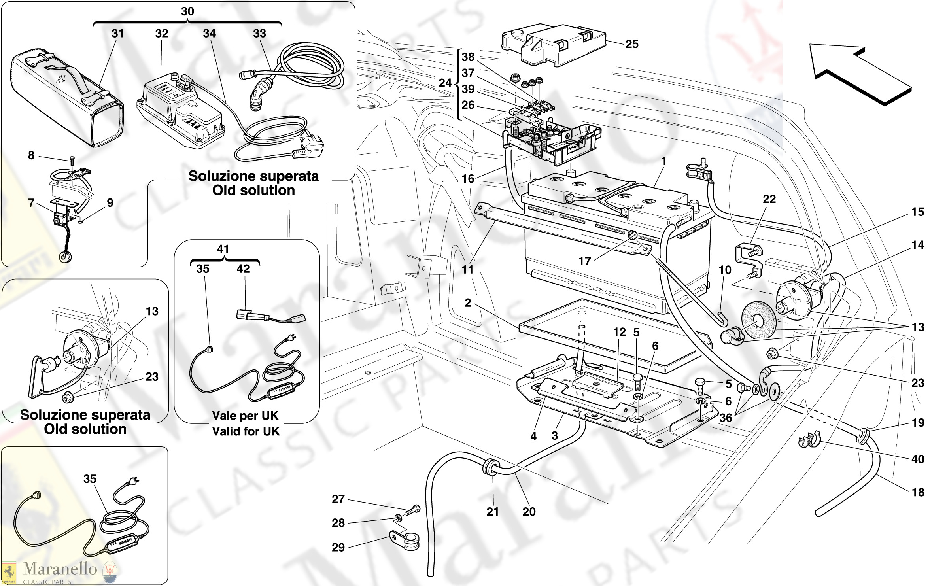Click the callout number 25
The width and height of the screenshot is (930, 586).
click(632, 44)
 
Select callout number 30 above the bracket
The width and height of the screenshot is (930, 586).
click(187, 11)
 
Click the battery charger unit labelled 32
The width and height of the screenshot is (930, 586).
click(180, 111)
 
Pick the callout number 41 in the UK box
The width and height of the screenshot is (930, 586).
click(223, 249)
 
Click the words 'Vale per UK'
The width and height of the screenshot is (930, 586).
click(245, 416)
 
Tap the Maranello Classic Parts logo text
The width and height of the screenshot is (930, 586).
click(59, 569)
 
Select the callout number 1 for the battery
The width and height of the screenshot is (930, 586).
click(664, 161)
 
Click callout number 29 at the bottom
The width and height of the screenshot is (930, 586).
click(338, 547)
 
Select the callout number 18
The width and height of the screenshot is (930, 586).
click(918, 492)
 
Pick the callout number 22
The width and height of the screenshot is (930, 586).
click(769, 199)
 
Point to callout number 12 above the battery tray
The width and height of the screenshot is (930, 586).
click(619, 332)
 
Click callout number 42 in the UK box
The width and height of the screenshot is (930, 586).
click(243, 269)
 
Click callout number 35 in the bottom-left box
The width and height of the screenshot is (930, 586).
click(90, 479)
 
